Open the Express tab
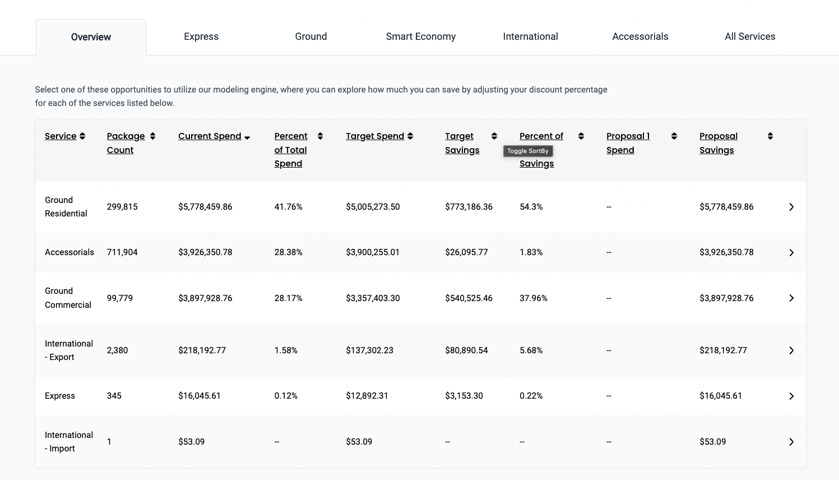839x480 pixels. click(x=201, y=36)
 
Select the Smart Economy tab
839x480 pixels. click(x=420, y=36)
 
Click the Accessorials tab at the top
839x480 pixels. click(x=640, y=36)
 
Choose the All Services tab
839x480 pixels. click(x=750, y=36)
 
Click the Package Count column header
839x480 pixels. click(x=126, y=143)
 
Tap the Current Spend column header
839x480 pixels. click(x=210, y=136)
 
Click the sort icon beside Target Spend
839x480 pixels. click(x=410, y=136)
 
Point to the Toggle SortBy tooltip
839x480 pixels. click(x=528, y=151)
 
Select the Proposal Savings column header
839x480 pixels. click(x=718, y=143)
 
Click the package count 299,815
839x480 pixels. click(x=122, y=207)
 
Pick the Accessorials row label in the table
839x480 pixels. click(x=69, y=252)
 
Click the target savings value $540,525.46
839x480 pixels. click(x=469, y=298)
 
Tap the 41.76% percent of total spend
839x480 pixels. click(x=288, y=207)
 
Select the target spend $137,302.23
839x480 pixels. click(x=369, y=350)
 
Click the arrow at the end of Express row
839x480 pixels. click(x=791, y=396)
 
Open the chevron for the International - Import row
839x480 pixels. click(x=791, y=442)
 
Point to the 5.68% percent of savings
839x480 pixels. click(x=531, y=350)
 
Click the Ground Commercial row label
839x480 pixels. click(x=68, y=298)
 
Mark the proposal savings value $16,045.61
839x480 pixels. click(x=720, y=396)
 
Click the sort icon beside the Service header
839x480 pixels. click(x=82, y=136)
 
